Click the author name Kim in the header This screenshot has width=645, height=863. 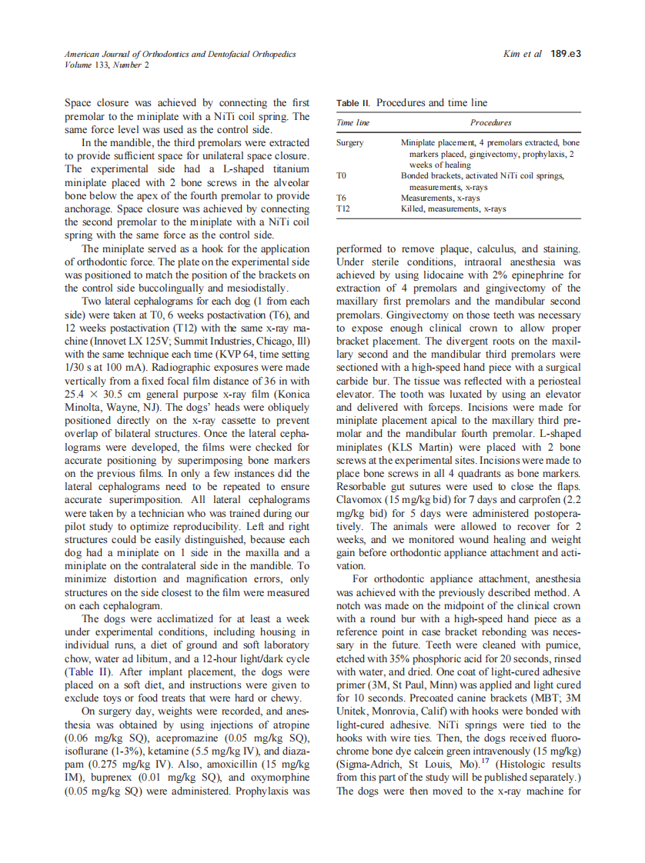513,54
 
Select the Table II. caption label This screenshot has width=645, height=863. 353,103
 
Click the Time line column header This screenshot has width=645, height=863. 353,122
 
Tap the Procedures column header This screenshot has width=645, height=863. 490,122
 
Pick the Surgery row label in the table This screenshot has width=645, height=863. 350,143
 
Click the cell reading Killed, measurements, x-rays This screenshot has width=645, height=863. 453,209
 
